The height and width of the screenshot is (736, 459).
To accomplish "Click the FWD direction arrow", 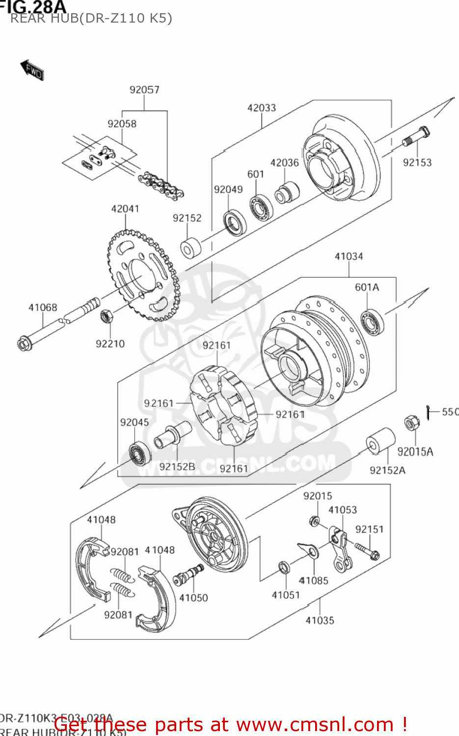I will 32,70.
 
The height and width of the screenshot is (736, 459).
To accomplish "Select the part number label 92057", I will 144,90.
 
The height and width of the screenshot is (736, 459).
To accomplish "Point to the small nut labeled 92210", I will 106,316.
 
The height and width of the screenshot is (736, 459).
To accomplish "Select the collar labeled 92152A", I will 381,440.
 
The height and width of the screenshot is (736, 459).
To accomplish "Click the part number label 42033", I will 262,108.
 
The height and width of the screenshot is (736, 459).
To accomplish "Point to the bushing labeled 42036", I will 286,192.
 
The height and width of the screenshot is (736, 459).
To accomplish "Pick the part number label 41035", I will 320,621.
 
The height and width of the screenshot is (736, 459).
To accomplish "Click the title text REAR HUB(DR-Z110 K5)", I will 91,19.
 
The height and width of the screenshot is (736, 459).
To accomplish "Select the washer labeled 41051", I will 284,567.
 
